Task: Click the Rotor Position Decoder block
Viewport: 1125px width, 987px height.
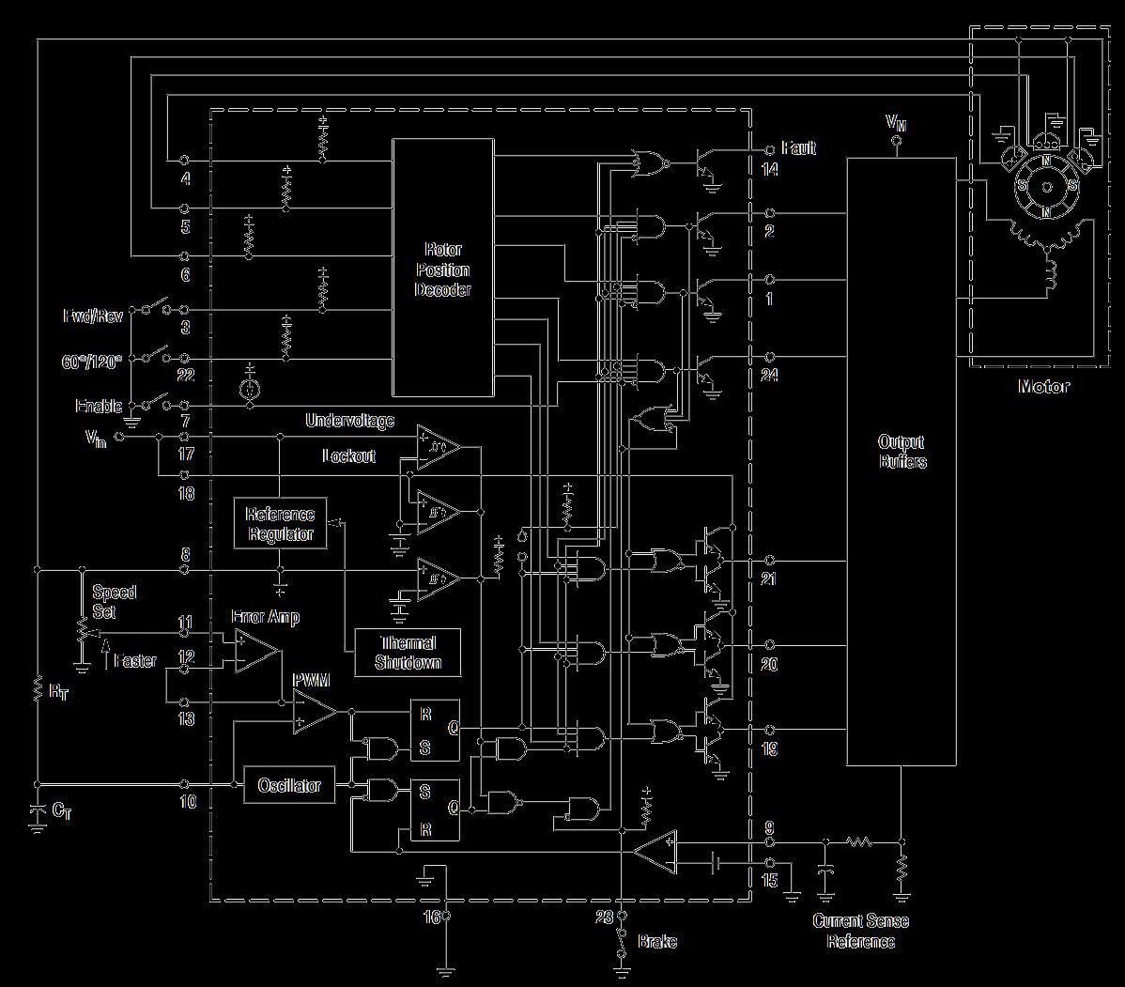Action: click(x=442, y=268)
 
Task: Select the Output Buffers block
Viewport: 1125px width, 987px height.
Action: click(x=902, y=451)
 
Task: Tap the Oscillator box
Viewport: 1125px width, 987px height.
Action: click(x=289, y=785)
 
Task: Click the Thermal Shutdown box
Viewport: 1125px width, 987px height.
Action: click(x=408, y=653)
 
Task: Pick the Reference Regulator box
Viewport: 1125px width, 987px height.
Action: click(x=280, y=524)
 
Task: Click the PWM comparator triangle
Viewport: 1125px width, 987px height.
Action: click(x=315, y=713)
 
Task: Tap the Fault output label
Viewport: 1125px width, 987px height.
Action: click(x=797, y=148)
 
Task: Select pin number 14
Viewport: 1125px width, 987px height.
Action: click(x=771, y=171)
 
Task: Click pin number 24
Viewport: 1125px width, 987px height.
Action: click(x=771, y=376)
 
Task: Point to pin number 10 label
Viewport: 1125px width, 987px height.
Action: click(x=187, y=803)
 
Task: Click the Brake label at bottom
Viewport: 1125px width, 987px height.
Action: click(x=657, y=942)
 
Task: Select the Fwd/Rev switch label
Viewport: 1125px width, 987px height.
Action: click(x=92, y=316)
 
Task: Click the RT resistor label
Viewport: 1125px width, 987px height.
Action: click(x=58, y=692)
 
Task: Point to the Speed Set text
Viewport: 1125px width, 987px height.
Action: click(x=114, y=601)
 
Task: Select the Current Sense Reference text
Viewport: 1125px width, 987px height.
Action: click(x=860, y=932)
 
